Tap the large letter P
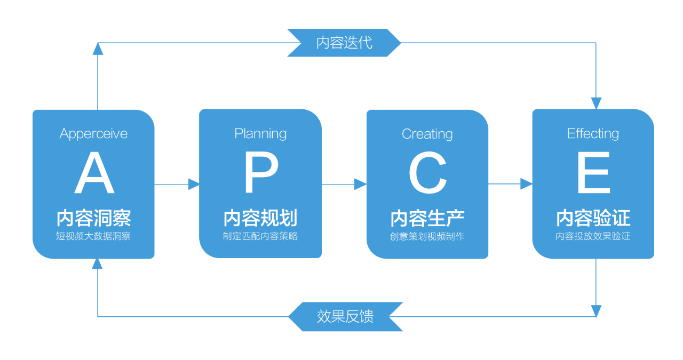click(x=261, y=173)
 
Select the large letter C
click(x=427, y=173)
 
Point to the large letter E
click(x=593, y=173)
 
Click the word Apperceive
click(x=94, y=133)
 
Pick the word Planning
click(x=260, y=133)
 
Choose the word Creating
click(x=427, y=134)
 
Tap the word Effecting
click(x=593, y=133)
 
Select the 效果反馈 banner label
click(x=345, y=316)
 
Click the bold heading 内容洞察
click(x=94, y=218)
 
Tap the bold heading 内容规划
click(x=260, y=218)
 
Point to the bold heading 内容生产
click(x=427, y=218)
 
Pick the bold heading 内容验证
click(x=593, y=218)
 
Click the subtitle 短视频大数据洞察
click(x=94, y=236)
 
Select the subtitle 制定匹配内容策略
click(x=260, y=236)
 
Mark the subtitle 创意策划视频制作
click(x=427, y=236)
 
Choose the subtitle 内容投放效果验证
click(x=593, y=236)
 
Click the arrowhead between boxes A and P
click(x=194, y=185)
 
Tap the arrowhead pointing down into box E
click(x=596, y=103)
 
